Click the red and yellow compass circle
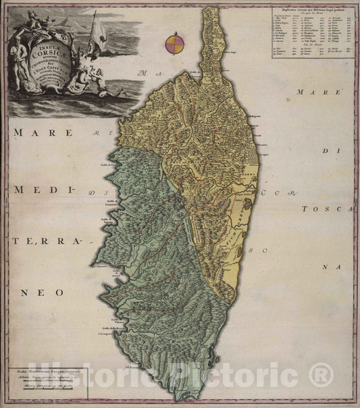click(174, 45)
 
